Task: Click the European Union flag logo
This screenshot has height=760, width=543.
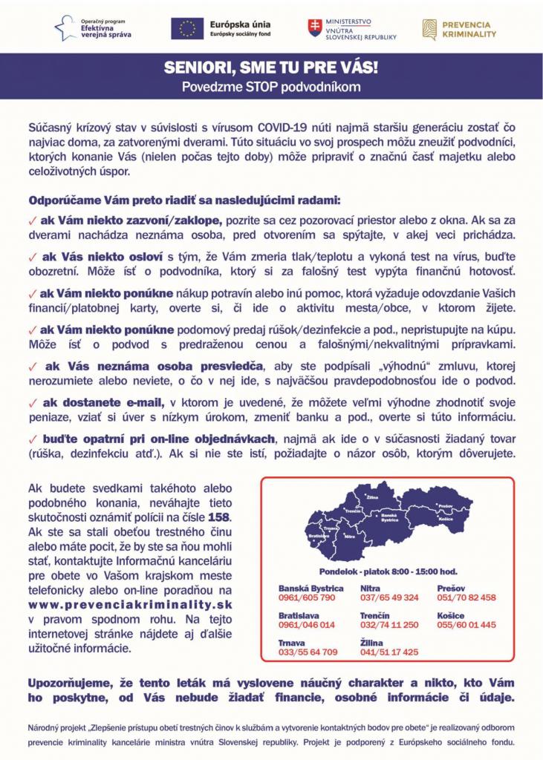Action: pyautogui.click(x=187, y=28)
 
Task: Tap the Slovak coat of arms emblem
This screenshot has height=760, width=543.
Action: pyautogui.click(x=315, y=28)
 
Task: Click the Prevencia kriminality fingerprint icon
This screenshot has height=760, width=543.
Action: pyautogui.click(x=429, y=28)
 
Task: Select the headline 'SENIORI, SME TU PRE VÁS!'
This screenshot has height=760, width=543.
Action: pyautogui.click(x=271, y=68)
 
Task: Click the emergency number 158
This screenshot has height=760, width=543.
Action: pyautogui.click(x=219, y=516)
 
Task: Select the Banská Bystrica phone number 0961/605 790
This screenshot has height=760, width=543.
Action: pyautogui.click(x=307, y=597)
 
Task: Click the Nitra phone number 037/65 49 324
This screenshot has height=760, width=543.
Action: pyautogui.click(x=389, y=597)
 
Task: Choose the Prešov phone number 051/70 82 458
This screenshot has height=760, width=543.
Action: pyautogui.click(x=466, y=597)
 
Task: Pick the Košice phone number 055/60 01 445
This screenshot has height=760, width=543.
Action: pyautogui.click(x=466, y=625)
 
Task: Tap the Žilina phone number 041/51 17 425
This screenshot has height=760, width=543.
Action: pyautogui.click(x=389, y=652)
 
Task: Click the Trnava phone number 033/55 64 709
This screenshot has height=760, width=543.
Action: pyautogui.click(x=308, y=652)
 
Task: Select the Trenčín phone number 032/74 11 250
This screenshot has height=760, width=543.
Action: pyautogui.click(x=389, y=625)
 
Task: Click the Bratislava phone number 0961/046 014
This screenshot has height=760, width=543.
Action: pyautogui.click(x=307, y=625)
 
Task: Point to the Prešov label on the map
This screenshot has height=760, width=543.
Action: pyautogui.click(x=445, y=505)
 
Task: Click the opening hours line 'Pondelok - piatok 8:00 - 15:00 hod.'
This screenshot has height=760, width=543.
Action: pyautogui.click(x=388, y=571)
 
